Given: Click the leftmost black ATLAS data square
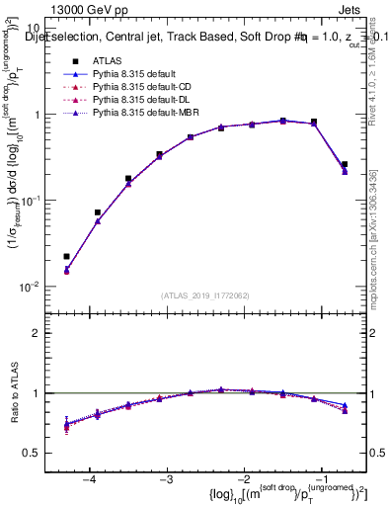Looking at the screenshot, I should (x=66, y=257).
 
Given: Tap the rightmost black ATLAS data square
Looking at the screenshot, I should (x=344, y=165).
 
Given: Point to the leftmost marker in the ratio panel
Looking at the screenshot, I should (x=66, y=426).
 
